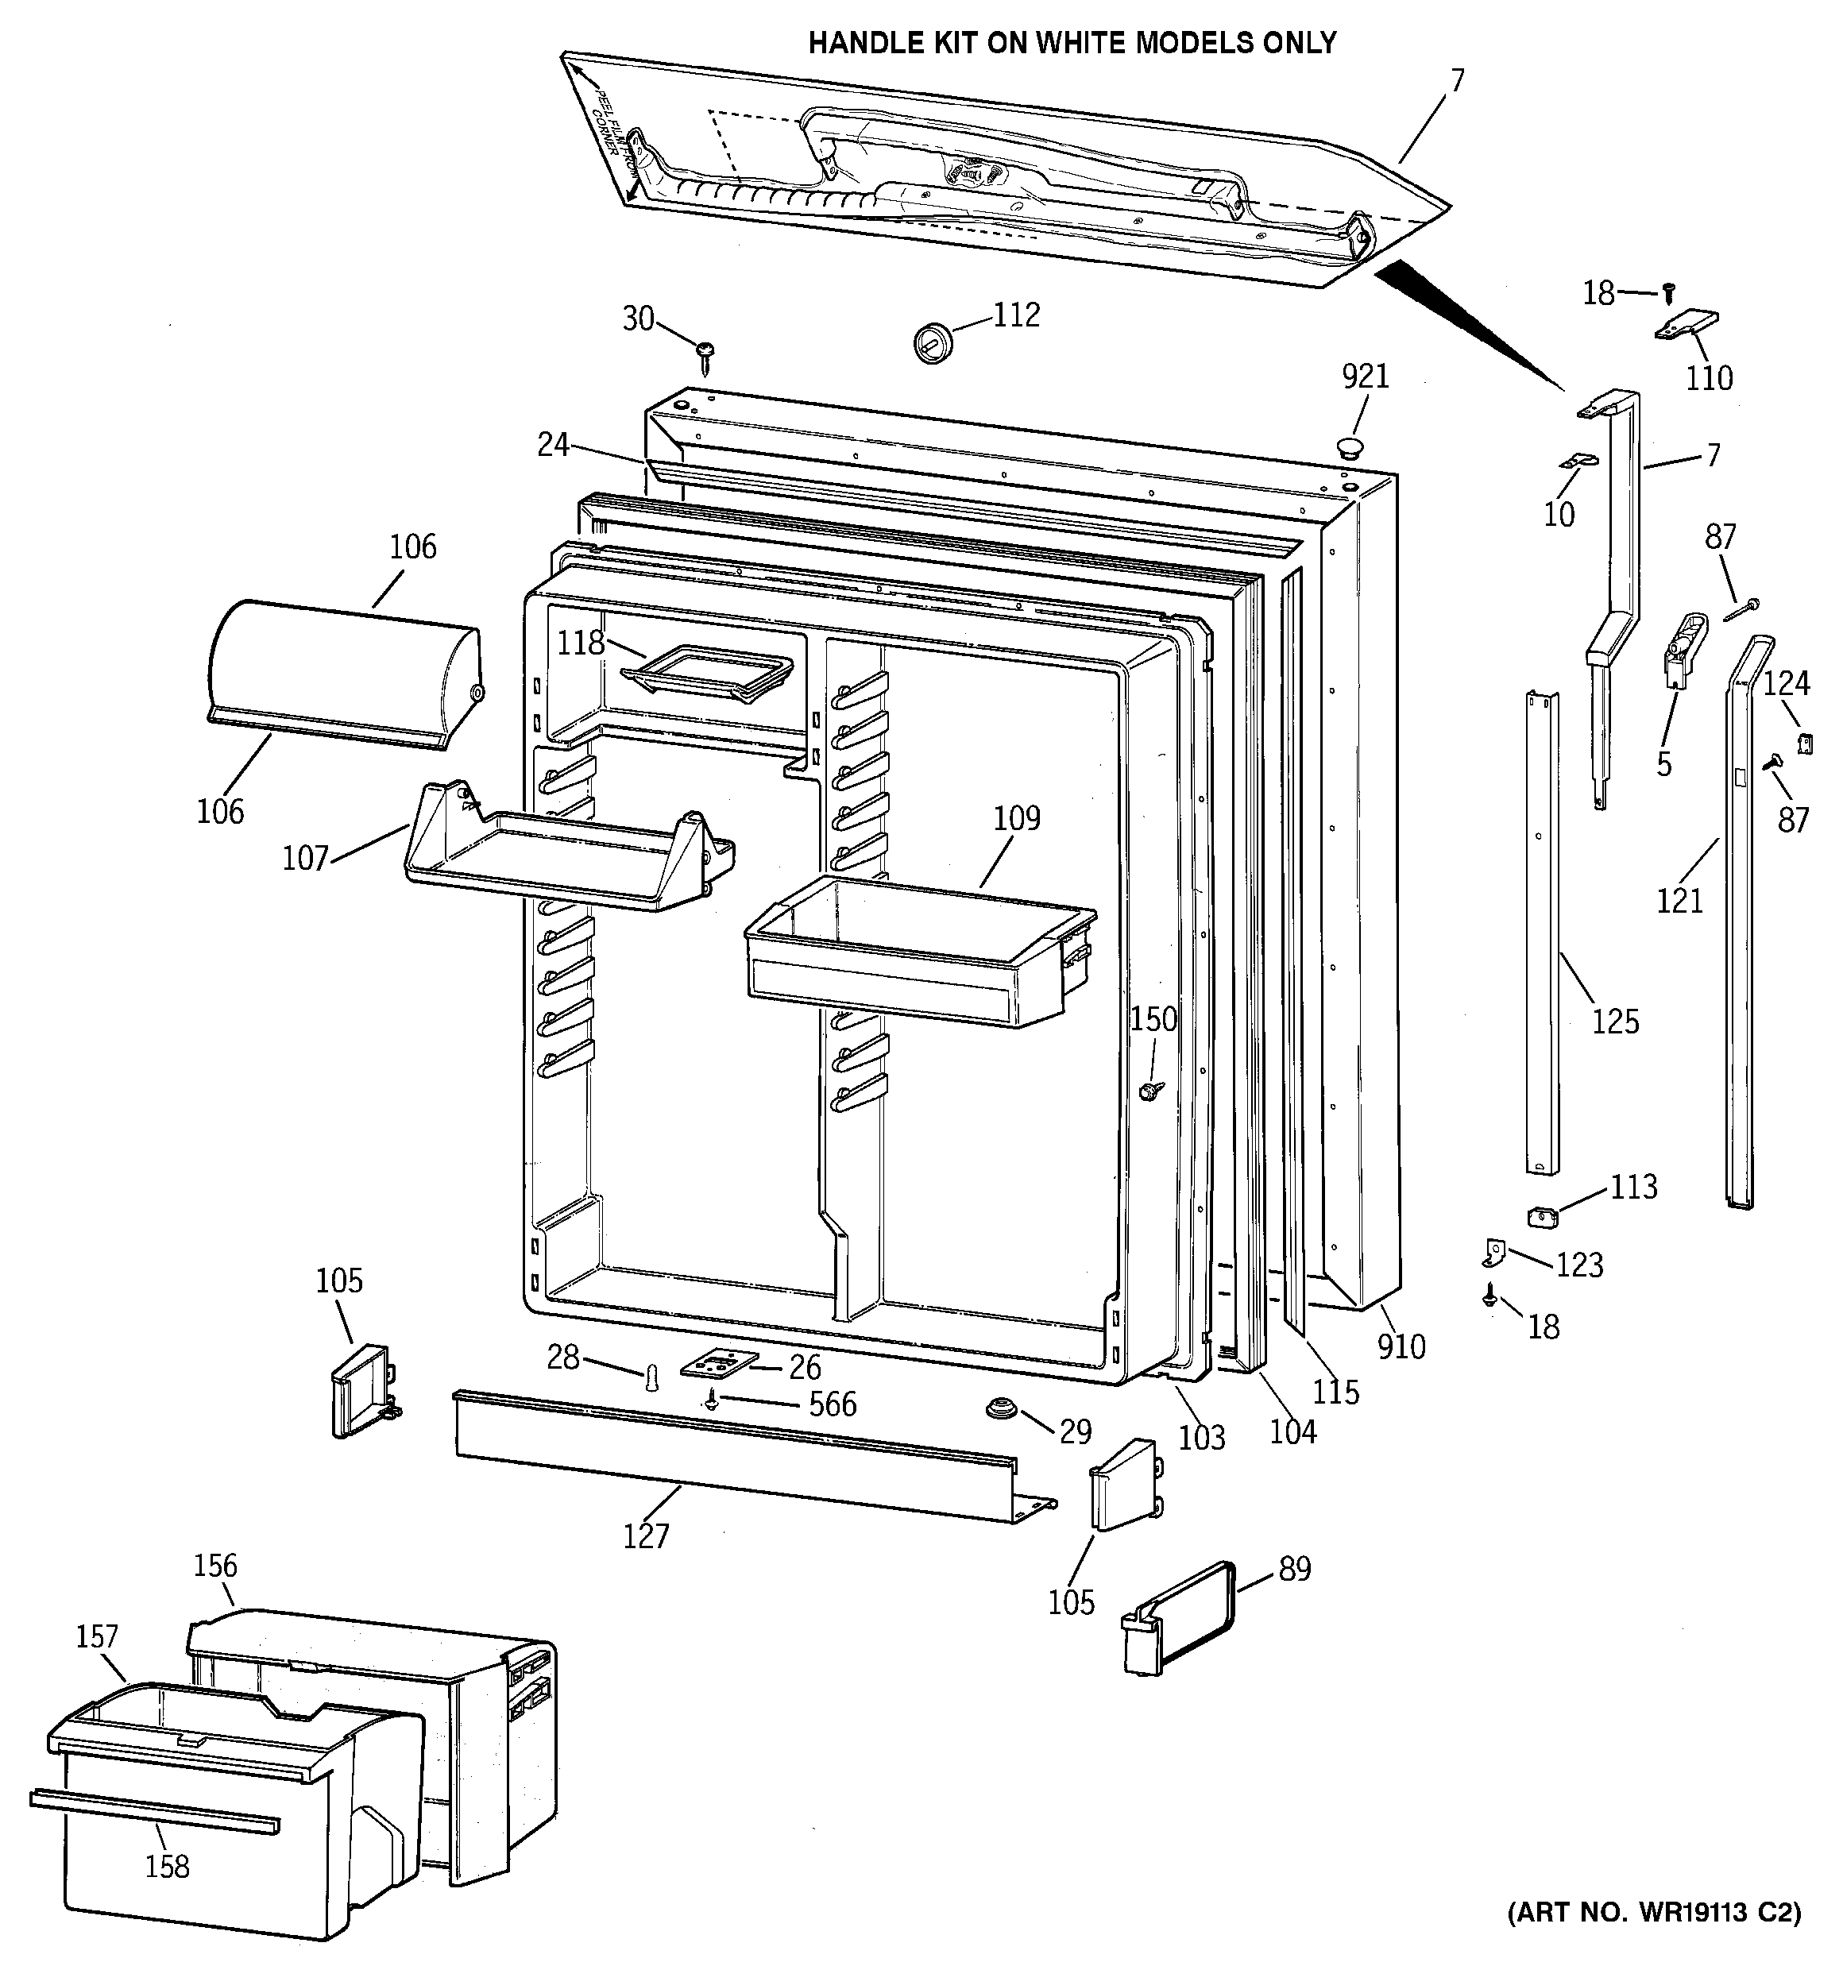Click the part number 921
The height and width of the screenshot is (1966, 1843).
coord(1366,377)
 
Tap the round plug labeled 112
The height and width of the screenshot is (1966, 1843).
coord(930,342)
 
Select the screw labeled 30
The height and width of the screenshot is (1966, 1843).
coord(706,356)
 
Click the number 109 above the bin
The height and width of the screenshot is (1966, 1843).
coord(1017,818)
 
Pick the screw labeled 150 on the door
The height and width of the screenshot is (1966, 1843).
coord(1149,1091)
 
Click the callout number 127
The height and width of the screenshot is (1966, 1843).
coord(646,1535)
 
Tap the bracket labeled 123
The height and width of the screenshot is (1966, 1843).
coord(1493,1254)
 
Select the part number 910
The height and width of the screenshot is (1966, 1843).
coord(1401,1346)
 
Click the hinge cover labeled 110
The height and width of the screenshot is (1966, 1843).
coord(1687,326)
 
